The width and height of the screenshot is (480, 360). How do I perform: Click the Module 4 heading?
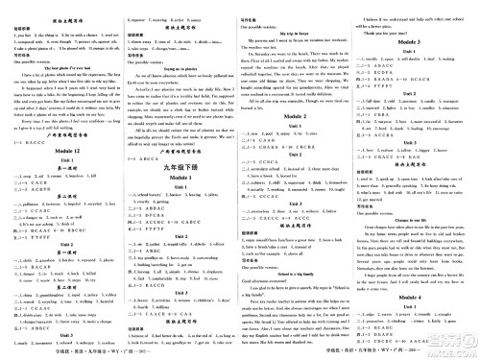tap(420, 273)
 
